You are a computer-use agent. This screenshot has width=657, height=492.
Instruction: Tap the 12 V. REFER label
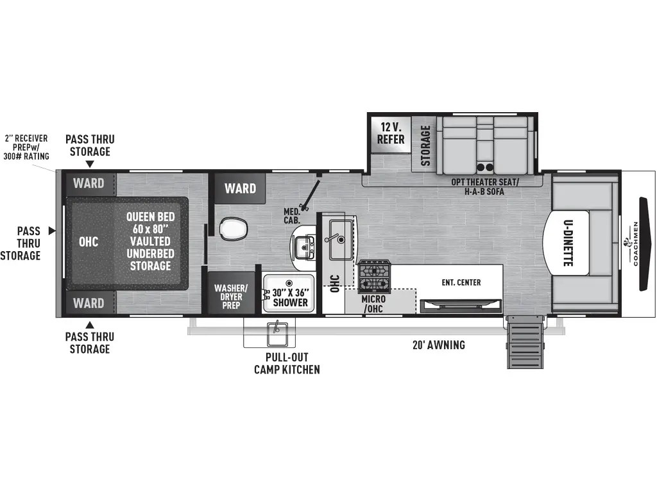pyautogui.click(x=391, y=133)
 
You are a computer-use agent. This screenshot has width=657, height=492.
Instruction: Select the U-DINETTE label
pyautogui.click(x=568, y=244)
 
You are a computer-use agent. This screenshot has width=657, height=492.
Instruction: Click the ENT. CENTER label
pyautogui.click(x=461, y=283)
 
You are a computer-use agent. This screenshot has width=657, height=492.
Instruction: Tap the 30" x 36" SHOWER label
pyautogui.click(x=290, y=297)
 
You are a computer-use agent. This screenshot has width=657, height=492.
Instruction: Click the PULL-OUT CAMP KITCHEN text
pyautogui.click(x=287, y=363)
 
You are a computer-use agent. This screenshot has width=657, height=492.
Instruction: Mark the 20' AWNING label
pyautogui.click(x=439, y=345)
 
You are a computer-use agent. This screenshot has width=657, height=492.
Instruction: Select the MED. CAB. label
pyautogui.click(x=293, y=216)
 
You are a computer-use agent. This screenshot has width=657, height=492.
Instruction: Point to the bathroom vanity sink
pyautogui.click(x=303, y=244)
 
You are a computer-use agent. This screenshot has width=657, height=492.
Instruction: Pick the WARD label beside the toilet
pyautogui.click(x=240, y=188)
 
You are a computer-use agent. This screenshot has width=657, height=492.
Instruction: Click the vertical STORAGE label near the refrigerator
pyautogui.click(x=425, y=145)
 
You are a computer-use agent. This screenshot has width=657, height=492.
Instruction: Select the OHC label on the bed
pyautogui.click(x=89, y=242)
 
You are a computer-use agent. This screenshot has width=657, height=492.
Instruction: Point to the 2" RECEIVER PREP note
pyautogui.click(x=28, y=147)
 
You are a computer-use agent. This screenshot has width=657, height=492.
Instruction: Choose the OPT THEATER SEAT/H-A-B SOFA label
pyautogui.click(x=484, y=186)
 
